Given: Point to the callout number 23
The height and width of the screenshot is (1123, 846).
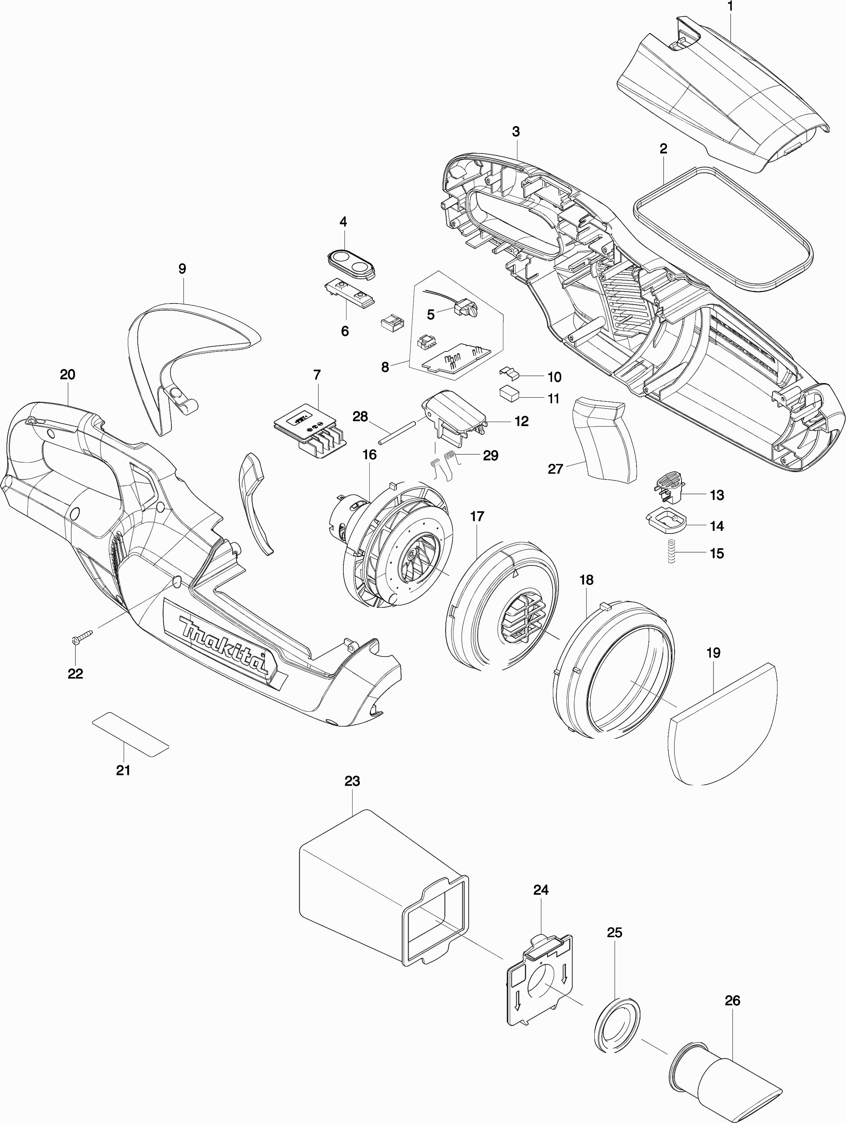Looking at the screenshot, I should pyautogui.click(x=352, y=781).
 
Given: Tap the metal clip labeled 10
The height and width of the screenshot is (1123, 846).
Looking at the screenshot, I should pyautogui.click(x=509, y=374).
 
